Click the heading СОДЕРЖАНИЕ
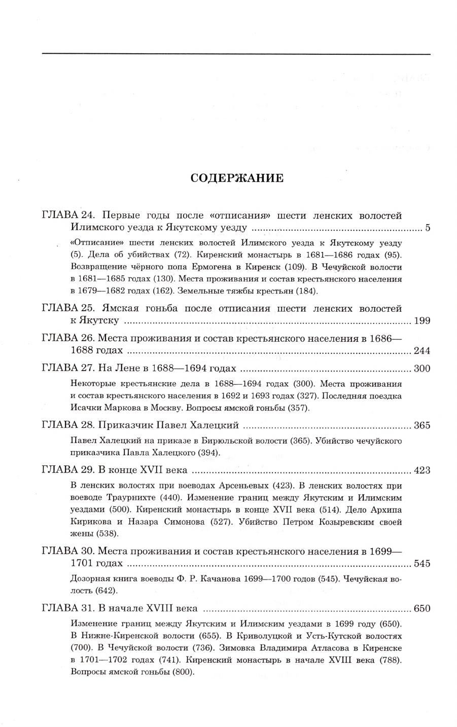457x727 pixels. click(236, 178)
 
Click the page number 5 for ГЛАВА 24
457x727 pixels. click(428, 228)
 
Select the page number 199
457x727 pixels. click(422, 320)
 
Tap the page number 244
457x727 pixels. click(422, 350)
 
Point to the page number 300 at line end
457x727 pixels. click(422, 369)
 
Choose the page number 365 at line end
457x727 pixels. click(422, 425)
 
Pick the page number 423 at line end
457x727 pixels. click(422, 470)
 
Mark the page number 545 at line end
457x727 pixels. click(422, 563)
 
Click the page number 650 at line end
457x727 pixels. click(422, 608)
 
